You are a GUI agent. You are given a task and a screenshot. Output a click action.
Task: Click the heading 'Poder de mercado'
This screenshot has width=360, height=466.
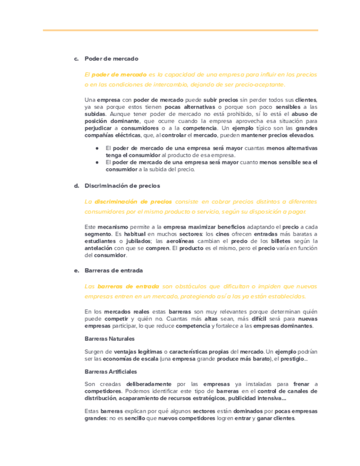111,58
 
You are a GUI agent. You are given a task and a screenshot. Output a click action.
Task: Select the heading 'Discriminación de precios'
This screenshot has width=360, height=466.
123,186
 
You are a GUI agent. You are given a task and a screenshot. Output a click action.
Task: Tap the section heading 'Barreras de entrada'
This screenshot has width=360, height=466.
114,270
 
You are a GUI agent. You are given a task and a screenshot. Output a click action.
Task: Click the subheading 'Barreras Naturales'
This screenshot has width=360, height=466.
110,339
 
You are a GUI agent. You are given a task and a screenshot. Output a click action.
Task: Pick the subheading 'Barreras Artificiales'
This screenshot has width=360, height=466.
111,371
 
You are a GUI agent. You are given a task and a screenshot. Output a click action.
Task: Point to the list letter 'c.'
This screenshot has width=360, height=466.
76,58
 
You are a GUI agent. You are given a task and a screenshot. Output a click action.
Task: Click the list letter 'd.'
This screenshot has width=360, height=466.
76,186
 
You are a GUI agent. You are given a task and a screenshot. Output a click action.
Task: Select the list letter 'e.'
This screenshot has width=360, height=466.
76,270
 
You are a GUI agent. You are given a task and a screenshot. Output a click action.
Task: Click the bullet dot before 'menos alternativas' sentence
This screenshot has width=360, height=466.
97,148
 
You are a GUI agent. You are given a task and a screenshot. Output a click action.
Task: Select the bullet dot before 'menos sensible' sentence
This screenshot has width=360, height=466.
97,162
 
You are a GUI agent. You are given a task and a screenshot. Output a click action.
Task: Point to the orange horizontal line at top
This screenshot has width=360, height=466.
180,30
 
